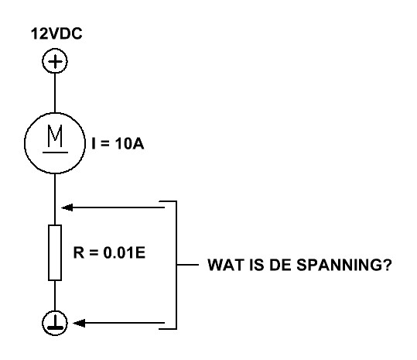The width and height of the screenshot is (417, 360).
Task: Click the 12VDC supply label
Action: pyautogui.click(x=56, y=34)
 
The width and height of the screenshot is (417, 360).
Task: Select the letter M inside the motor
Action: pyautogui.click(x=55, y=135)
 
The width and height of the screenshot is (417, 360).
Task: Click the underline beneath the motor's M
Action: pyautogui.click(x=55, y=153)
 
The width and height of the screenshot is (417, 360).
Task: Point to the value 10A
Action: pyautogui.click(x=129, y=144)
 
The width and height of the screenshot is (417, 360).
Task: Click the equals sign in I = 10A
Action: pyautogui.click(x=105, y=144)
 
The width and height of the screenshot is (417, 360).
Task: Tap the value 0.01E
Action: pyautogui.click(x=125, y=252)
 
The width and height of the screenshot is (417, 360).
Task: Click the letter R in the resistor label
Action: pyautogui.click(x=79, y=252)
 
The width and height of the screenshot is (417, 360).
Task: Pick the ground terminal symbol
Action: pyautogui.click(x=55, y=323)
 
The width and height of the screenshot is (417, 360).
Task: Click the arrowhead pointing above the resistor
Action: pyautogui.click(x=67, y=207)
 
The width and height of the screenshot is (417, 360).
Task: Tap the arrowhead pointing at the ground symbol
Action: pyautogui.click(x=79, y=323)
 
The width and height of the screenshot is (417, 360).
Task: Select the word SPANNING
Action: pyautogui.click(x=337, y=265)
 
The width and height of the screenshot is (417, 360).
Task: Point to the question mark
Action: pyautogui.click(x=385, y=265)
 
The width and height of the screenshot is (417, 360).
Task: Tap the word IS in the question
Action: pyautogui.click(x=256, y=265)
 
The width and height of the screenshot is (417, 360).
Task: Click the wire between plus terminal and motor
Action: pyautogui.click(x=55, y=93)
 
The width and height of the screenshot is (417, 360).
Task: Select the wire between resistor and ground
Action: pyautogui.click(x=55, y=296)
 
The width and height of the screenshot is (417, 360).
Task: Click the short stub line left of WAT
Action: pyautogui.click(x=188, y=265)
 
